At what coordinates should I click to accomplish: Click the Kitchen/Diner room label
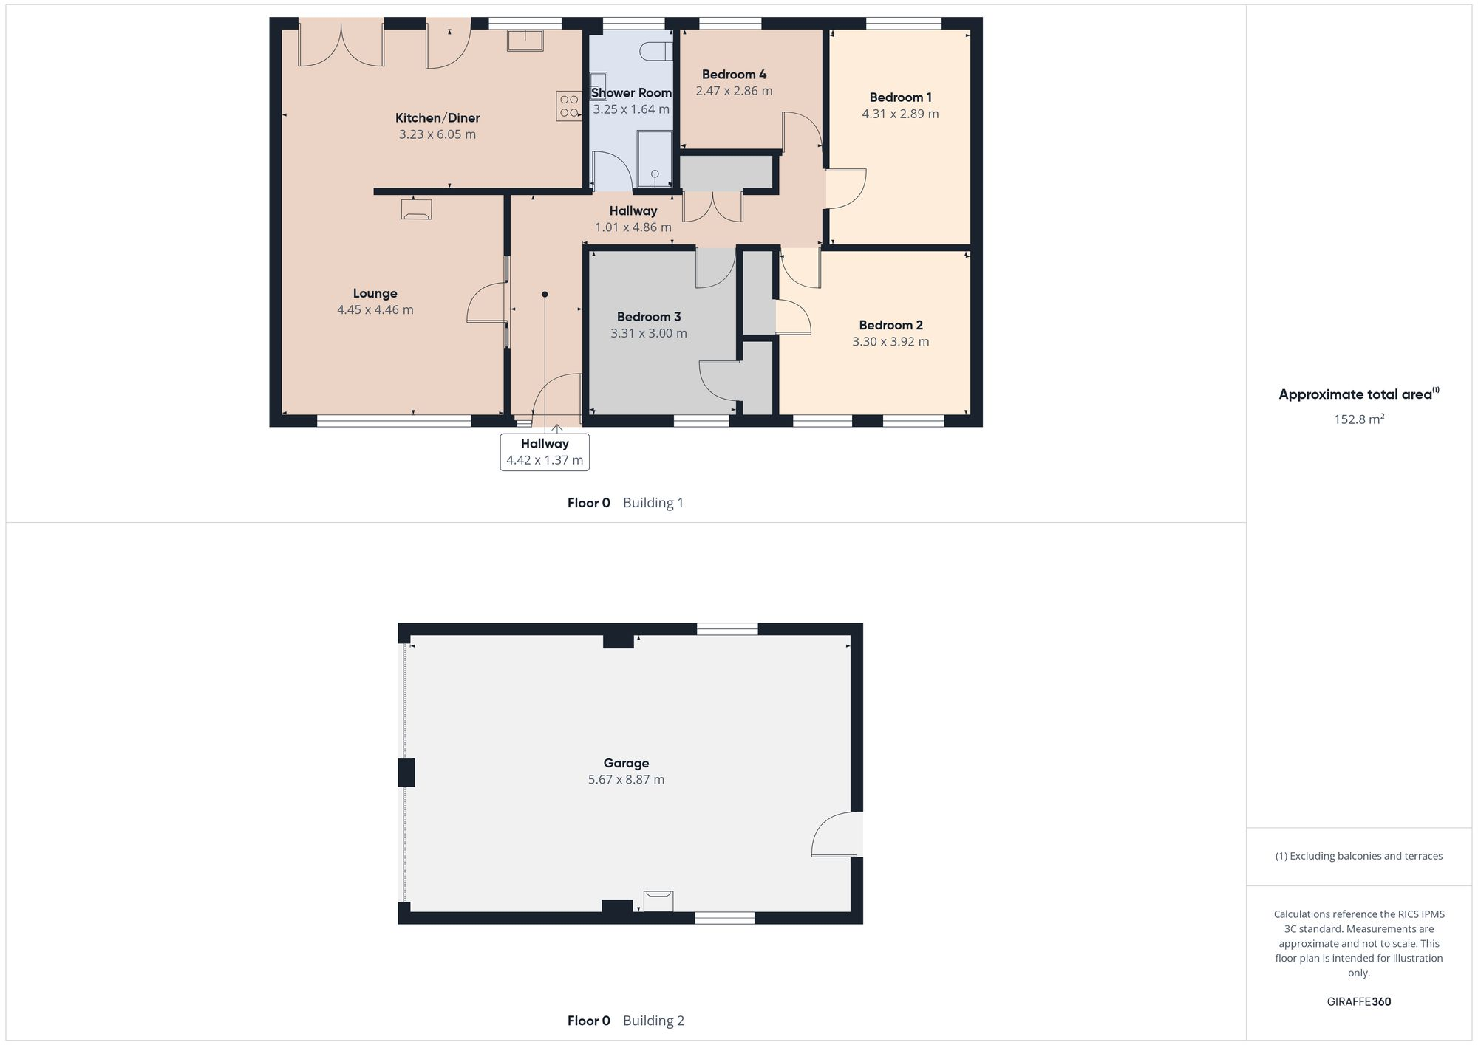(437, 118)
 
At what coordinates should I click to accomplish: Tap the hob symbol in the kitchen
(568, 106)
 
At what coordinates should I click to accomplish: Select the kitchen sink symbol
(525, 40)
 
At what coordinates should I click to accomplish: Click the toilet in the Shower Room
(655, 52)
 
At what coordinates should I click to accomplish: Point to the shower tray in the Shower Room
(655, 158)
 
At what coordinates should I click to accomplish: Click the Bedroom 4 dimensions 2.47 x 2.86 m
(734, 91)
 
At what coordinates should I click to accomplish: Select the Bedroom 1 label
(900, 97)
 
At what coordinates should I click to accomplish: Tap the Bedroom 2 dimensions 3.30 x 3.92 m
(890, 342)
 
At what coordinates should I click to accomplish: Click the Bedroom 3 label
(649, 317)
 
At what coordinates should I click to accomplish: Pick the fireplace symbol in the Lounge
(416, 209)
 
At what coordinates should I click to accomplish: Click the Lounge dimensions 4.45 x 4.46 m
(375, 310)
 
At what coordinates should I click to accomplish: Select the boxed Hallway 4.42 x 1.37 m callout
(545, 452)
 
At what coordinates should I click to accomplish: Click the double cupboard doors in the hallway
(712, 207)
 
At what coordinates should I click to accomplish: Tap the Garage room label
(626, 763)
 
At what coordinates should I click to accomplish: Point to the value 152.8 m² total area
(1358, 419)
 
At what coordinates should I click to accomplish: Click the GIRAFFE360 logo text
(1358, 1002)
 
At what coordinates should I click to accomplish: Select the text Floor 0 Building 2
(625, 1021)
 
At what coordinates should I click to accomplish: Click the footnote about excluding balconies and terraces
(1358, 856)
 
